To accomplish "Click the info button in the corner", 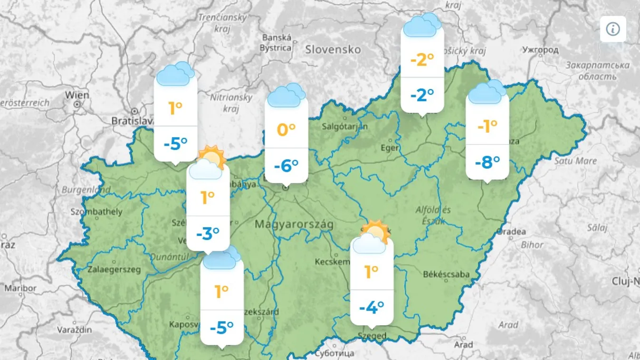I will [613, 29].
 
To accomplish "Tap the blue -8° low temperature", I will [487, 162].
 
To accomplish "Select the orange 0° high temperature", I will [286, 129].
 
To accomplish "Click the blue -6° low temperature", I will [286, 166].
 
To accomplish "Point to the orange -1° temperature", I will [487, 126].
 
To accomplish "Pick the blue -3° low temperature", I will [208, 234].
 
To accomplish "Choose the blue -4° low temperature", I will [371, 308].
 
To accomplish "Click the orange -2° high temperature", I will [422, 60].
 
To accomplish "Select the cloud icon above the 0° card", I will [286, 95].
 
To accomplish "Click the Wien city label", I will [77, 95].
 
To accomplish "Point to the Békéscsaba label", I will [446, 274].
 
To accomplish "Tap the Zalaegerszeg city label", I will [115, 269].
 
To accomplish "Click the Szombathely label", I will [96, 211].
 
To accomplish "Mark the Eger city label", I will [389, 148].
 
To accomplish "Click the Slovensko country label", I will [333, 49].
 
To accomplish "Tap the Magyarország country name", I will [294, 224].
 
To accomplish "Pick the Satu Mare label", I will [575, 161].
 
